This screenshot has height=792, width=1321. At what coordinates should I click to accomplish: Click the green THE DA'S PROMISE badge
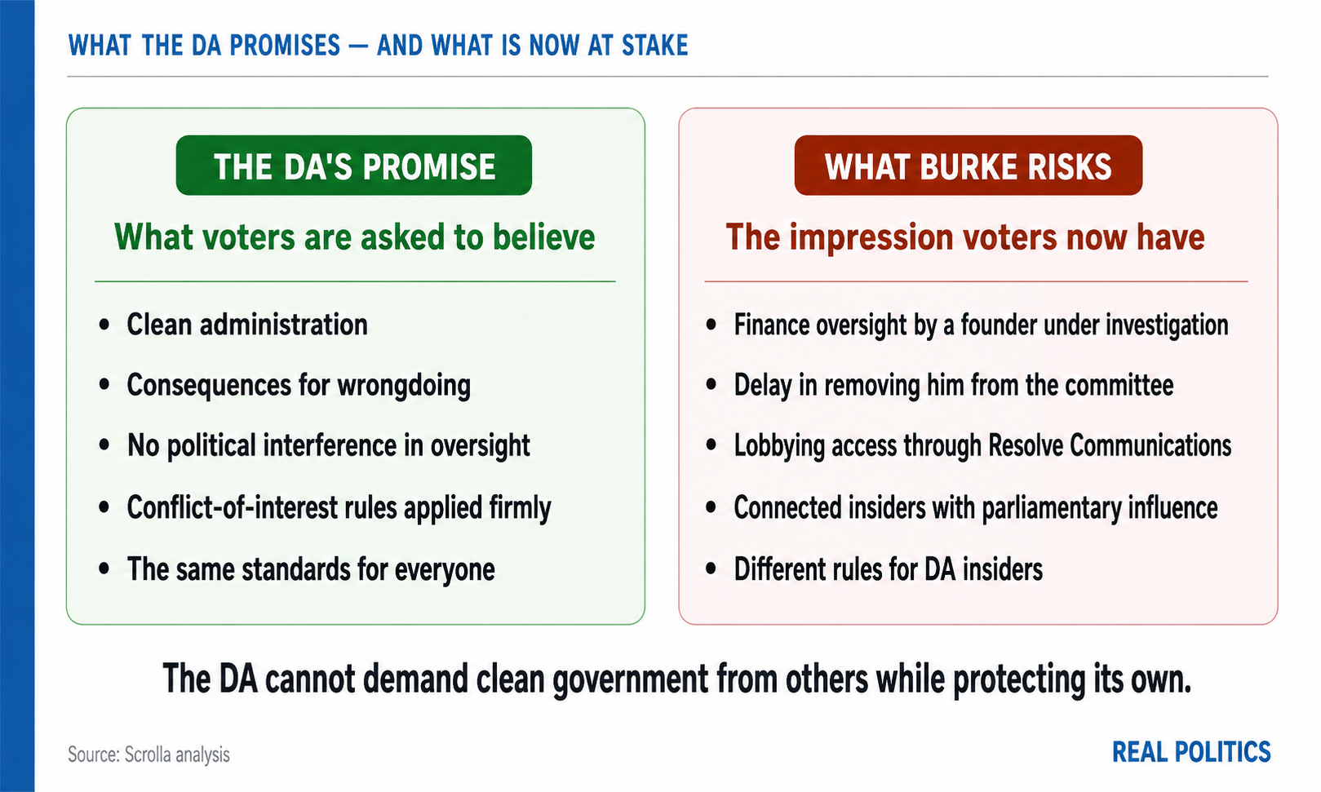[x=354, y=165]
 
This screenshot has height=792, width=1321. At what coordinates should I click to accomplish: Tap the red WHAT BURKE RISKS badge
[x=969, y=165]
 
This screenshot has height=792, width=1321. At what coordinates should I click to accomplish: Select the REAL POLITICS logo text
[x=1191, y=753]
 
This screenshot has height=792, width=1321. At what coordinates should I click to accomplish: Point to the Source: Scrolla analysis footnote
[x=149, y=754]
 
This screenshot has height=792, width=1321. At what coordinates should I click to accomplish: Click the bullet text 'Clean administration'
[x=247, y=325]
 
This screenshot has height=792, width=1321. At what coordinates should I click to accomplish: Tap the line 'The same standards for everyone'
[x=311, y=569]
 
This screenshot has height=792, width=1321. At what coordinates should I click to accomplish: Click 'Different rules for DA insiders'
[x=888, y=569]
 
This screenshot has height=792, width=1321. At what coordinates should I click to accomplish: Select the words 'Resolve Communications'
[x=1110, y=446]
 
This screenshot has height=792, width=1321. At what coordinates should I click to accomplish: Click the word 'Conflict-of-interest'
[x=232, y=507]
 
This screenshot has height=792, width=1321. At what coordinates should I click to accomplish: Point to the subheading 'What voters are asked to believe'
[x=354, y=237]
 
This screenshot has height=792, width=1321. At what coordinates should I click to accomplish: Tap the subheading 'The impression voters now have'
[x=964, y=237]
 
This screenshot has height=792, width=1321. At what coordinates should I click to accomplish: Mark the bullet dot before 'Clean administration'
[x=104, y=325]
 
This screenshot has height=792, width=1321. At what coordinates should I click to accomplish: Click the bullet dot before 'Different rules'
[x=711, y=569]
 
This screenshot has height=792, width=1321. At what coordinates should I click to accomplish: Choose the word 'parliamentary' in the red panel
[x=1050, y=508]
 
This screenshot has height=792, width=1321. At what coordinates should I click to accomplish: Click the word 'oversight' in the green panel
[x=480, y=446]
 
